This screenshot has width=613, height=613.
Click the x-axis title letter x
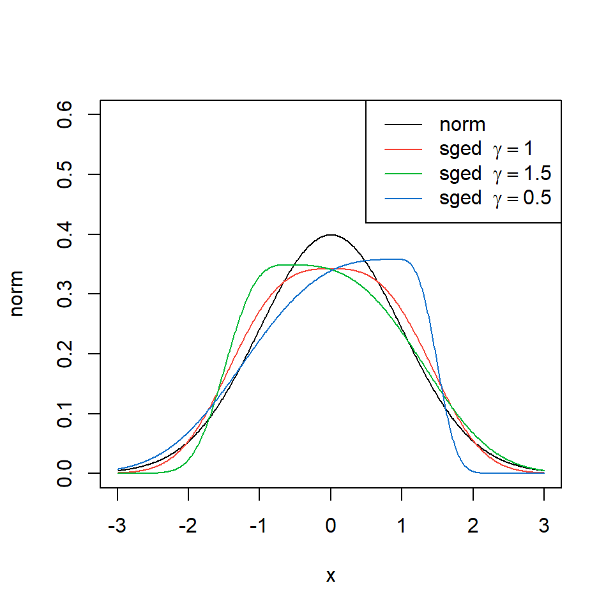pos(331,576)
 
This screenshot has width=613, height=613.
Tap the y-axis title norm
pos(18,294)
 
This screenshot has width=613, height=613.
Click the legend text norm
pos(462,125)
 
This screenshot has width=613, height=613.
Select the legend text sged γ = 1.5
pos(495,174)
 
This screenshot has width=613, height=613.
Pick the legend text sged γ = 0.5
pos(495,199)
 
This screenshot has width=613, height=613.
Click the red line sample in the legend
pos(404,149)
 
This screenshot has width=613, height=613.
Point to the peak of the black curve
pos(331,234)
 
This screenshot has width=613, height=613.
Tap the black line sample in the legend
pos(404,125)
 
